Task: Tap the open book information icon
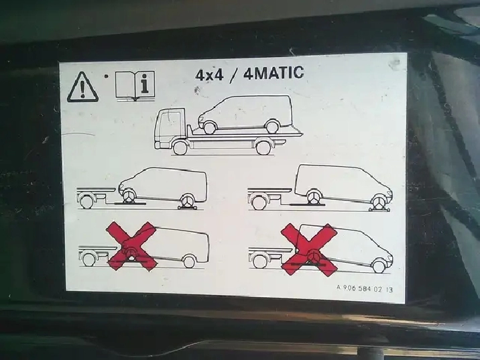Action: [x=135, y=86]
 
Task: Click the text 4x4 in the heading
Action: [x=210, y=75]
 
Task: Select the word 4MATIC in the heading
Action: [x=274, y=73]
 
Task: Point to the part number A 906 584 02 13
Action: [x=365, y=289]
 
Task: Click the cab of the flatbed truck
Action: [x=170, y=126]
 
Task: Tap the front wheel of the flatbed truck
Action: [x=180, y=147]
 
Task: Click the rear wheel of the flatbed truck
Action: [x=263, y=147]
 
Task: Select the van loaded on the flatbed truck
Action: [x=245, y=114]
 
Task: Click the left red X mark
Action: [x=131, y=246]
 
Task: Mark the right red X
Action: [x=309, y=249]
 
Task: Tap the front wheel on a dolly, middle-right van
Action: [x=379, y=202]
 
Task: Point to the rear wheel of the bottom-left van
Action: [x=189, y=261]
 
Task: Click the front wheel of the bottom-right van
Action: [x=379, y=265]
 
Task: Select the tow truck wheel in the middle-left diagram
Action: [x=86, y=201]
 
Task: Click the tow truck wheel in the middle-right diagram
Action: [x=259, y=202]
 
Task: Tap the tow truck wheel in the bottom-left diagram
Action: [x=88, y=259]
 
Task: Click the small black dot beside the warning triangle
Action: [x=106, y=76]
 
